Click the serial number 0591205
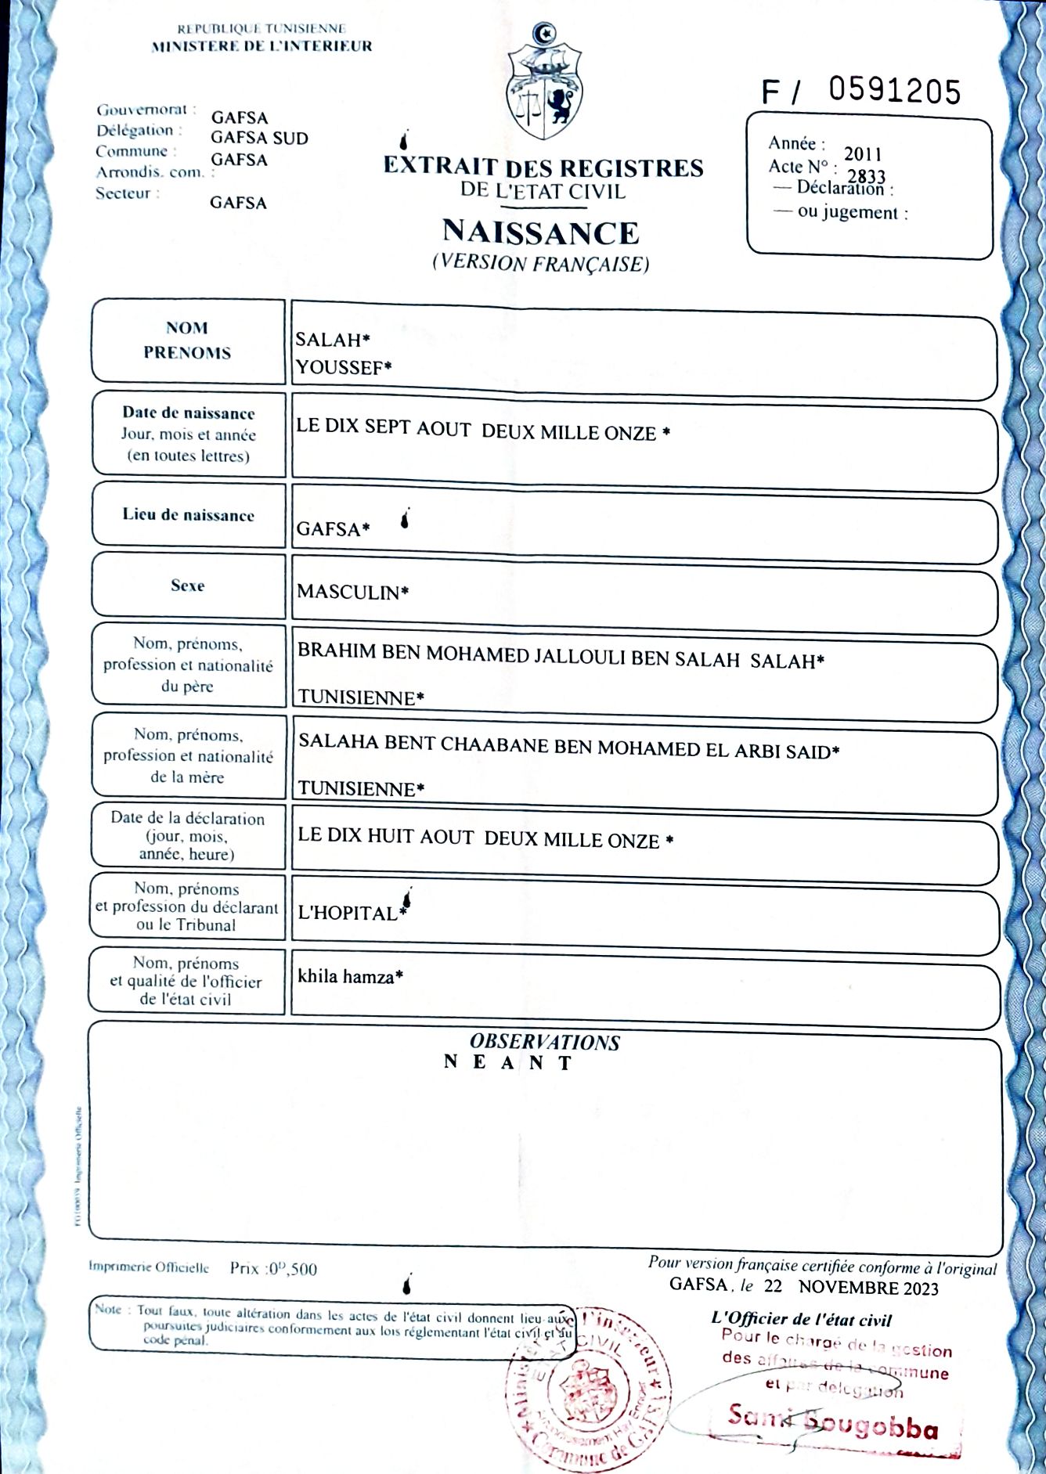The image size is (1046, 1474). pyautogui.click(x=894, y=91)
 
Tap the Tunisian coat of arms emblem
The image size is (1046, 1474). pyautogui.click(x=545, y=82)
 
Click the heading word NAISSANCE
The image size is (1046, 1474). pyautogui.click(x=540, y=232)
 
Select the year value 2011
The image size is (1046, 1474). pyautogui.click(x=863, y=154)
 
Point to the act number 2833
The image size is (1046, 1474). pyautogui.click(x=866, y=176)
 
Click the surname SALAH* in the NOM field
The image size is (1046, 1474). pyautogui.click(x=332, y=340)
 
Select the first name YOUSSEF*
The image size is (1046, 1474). pyautogui.click(x=343, y=367)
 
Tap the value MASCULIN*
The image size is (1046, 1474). pyautogui.click(x=352, y=593)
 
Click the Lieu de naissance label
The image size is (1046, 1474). pyautogui.click(x=188, y=515)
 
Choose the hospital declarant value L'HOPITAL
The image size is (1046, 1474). pyautogui.click(x=349, y=913)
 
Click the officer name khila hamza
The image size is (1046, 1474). pyautogui.click(x=349, y=976)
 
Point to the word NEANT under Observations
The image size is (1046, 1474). pyautogui.click(x=508, y=1063)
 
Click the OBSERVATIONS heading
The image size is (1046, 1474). pyautogui.click(x=544, y=1042)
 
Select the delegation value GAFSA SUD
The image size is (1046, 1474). pyautogui.click(x=259, y=139)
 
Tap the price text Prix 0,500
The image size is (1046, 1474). pyautogui.click(x=273, y=1268)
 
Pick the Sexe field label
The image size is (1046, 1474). pyautogui.click(x=187, y=586)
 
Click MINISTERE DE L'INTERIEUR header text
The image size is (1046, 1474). pyautogui.click(x=261, y=46)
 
